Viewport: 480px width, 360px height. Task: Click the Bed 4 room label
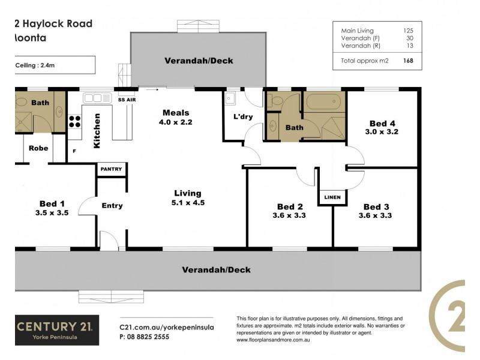[377, 121]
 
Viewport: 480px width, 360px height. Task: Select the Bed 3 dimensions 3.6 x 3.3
[375, 215]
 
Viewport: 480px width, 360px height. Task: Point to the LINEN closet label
[332, 197]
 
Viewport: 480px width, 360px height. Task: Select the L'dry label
[242, 117]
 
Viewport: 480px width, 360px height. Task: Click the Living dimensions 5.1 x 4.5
[188, 203]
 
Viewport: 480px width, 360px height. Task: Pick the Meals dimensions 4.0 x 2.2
[176, 122]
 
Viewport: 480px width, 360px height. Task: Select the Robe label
[38, 148]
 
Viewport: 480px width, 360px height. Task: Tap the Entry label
[112, 206]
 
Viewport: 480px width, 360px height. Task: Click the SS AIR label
[126, 99]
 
